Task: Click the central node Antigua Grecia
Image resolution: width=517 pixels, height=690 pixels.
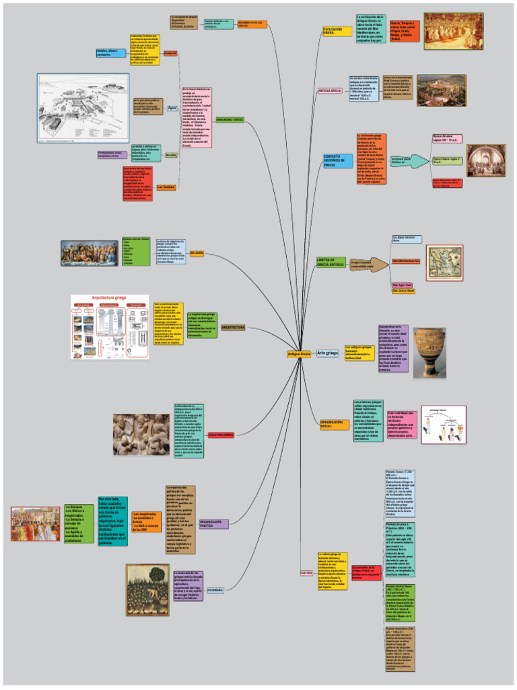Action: [299, 353]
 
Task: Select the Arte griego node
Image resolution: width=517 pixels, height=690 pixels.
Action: [327, 352]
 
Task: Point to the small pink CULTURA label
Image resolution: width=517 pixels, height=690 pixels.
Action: [306, 573]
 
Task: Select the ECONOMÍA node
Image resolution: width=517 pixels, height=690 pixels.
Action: [215, 590]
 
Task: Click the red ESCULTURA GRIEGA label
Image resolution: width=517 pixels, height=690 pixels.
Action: [221, 435]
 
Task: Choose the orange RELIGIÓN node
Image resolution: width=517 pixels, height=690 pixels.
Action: [197, 253]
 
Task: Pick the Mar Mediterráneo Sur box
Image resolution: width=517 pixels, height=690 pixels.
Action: [406, 260]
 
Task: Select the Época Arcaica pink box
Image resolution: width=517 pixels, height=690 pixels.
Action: [446, 138]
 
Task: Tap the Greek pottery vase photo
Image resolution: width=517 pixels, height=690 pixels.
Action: [429, 352]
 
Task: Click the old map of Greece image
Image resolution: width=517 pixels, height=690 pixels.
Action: [444, 262]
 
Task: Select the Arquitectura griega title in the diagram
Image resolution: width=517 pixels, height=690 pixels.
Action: [110, 297]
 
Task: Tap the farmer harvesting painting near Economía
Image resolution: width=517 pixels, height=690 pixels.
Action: [147, 589]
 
